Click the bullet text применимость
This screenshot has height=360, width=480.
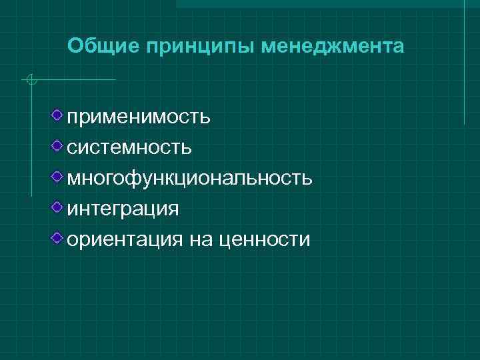click(139, 118)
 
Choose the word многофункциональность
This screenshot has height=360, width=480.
click(189, 179)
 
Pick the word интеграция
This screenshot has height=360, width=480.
click(123, 209)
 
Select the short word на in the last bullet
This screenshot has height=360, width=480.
click(200, 239)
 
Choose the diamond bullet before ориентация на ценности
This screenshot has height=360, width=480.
click(59, 237)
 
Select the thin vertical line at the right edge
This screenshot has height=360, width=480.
click(464, 67)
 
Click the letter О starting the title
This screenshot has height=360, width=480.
click(75, 47)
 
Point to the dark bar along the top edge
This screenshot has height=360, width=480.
click(327, 3)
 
